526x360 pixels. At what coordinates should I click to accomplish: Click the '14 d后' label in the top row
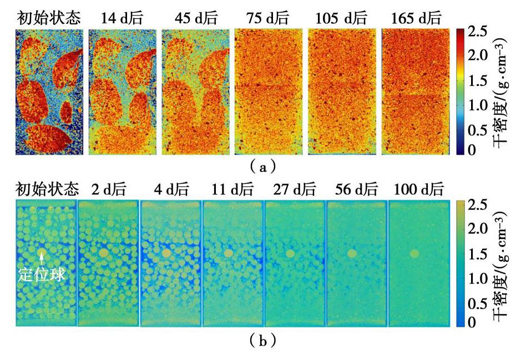click(x=122, y=18)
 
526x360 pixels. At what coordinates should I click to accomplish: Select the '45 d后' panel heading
click(x=195, y=18)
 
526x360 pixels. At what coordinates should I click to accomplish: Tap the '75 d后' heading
click(x=268, y=18)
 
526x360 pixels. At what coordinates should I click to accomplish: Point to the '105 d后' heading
click(x=341, y=18)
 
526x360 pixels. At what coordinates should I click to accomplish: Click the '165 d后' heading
click(x=415, y=18)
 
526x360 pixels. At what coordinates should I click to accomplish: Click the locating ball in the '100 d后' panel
click(x=414, y=253)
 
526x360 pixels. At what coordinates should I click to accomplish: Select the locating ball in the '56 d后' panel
click(x=351, y=253)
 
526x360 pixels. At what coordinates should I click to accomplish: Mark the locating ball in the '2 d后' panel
click(x=103, y=253)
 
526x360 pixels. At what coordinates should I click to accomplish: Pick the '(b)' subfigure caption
click(x=260, y=341)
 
